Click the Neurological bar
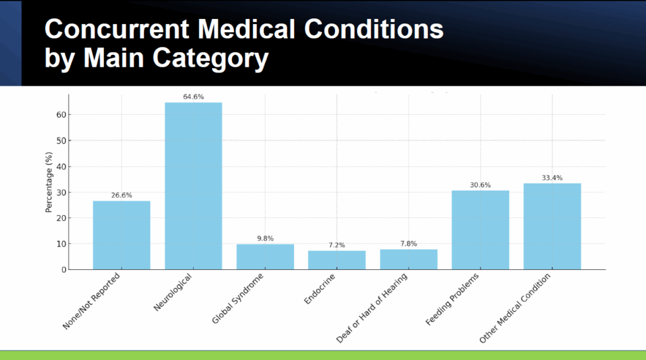coord(193,186)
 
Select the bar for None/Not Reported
coord(122,235)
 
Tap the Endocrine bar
coord(337,260)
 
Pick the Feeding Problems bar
coord(480,230)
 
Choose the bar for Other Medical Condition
coord(552,226)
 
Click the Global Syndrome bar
coord(266,257)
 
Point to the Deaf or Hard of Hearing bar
coord(409,260)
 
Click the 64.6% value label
coord(193,97)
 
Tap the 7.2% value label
coord(337,245)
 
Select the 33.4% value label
coord(552,178)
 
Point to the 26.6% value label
coord(122,195)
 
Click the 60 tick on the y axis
coord(61,115)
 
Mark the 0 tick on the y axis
coord(64,270)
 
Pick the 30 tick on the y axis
coord(61,192)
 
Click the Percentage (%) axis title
coord(49,182)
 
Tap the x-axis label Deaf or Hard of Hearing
coord(372,308)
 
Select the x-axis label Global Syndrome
coord(237,298)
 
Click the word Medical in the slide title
coord(246,29)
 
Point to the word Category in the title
coord(211,58)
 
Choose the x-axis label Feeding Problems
coord(452,299)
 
